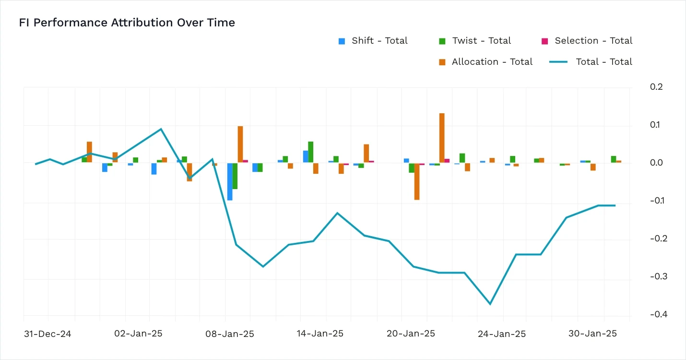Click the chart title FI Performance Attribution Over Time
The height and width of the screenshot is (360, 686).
tap(127, 23)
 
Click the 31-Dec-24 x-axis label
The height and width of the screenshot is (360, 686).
tap(47, 334)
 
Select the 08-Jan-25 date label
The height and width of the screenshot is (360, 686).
tap(229, 334)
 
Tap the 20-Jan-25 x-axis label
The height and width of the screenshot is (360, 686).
tap(411, 334)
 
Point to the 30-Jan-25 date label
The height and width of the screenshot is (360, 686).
tap(592, 334)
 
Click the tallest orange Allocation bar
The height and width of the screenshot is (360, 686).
tap(442, 138)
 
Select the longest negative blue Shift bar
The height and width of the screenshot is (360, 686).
tap(230, 181)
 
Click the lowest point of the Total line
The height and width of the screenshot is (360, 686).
tap(490, 304)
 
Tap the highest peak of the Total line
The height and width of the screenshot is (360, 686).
tap(161, 129)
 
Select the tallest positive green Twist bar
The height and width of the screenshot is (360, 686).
tap(311, 152)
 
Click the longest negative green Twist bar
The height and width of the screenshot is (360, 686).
tap(235, 176)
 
